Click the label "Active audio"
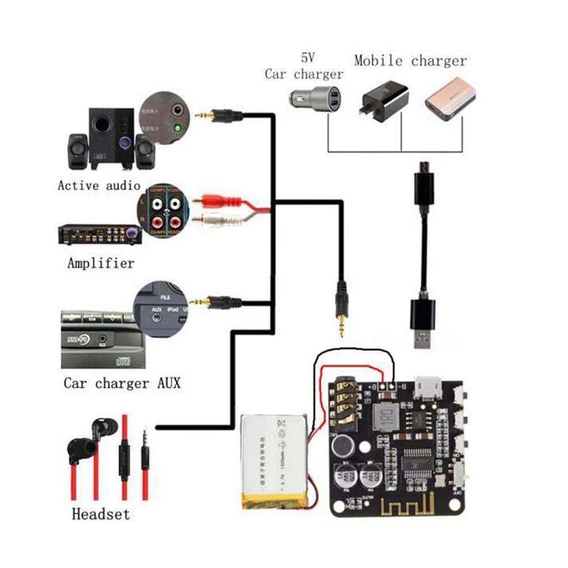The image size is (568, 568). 99,185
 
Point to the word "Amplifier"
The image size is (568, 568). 100,263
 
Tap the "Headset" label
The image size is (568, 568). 100,514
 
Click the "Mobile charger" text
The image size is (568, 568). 410,61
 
